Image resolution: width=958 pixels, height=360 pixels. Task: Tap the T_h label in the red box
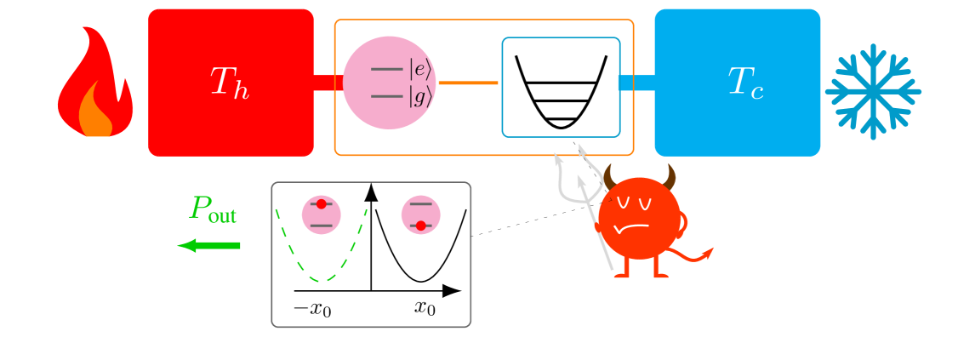230,83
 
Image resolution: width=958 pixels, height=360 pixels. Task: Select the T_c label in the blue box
745,83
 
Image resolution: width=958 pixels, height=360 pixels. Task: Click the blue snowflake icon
873,92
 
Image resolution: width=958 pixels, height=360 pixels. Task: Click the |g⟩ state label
420,96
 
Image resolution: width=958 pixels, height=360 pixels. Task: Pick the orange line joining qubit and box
468,83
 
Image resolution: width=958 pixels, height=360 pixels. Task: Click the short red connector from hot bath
328,83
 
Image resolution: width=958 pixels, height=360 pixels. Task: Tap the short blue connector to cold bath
636,83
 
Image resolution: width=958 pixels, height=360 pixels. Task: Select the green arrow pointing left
209,246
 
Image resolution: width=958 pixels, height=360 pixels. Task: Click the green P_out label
213,209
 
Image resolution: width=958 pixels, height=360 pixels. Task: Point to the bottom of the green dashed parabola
322,279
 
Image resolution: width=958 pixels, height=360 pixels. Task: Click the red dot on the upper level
321,204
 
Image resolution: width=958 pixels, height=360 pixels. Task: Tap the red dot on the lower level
420,226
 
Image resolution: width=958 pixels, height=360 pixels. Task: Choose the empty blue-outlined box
561,87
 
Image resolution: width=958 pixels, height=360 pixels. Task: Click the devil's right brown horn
670,177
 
